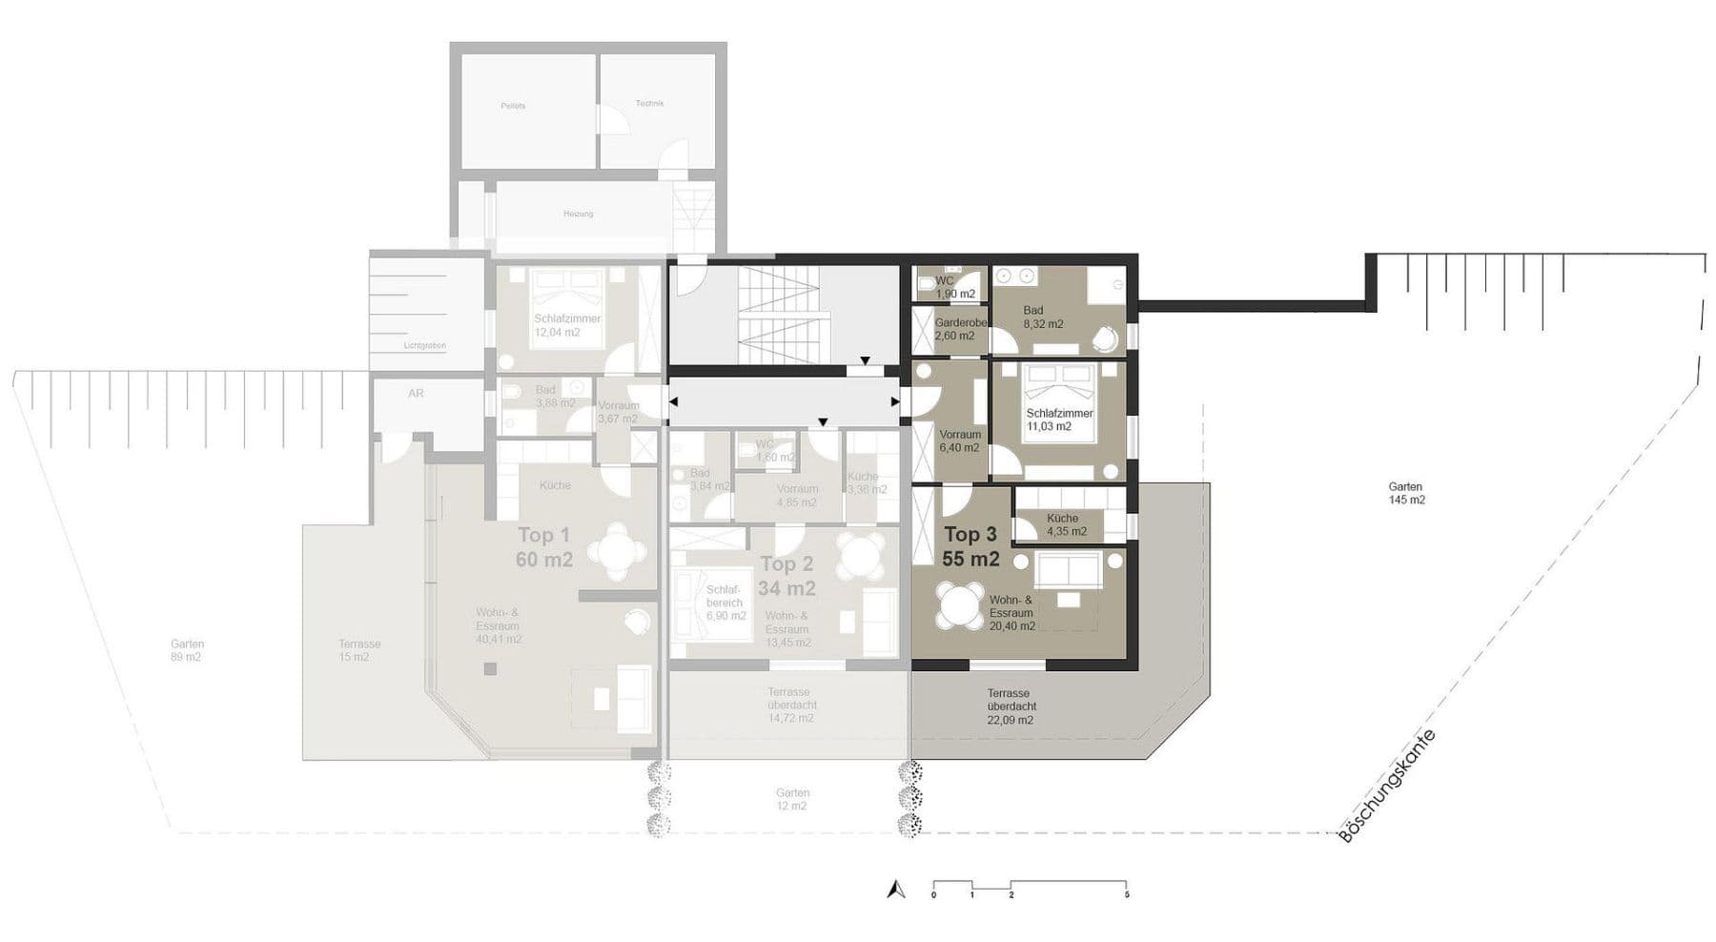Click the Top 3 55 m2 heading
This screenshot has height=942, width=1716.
coord(970,546)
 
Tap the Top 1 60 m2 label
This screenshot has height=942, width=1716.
coord(543,546)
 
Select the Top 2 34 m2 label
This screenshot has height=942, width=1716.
coord(786,576)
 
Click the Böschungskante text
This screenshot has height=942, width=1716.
coord(1387,786)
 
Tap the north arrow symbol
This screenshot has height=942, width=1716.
coord(895,889)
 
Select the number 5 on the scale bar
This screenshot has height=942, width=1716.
coord(1127,895)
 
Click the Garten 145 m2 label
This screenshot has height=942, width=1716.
coord(1406,493)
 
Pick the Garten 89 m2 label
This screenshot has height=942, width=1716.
coord(188,650)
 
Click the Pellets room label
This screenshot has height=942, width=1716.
coord(513,106)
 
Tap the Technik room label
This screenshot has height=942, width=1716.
coord(649,103)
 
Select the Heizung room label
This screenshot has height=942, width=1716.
coord(578,214)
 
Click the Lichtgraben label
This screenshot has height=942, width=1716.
coord(424,345)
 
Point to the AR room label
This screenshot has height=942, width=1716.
coord(416,393)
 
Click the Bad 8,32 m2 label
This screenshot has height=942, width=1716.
coord(1043,317)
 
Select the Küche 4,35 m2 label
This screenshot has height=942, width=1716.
coord(1066,524)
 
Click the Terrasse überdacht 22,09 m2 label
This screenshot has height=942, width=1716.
coord(1009,706)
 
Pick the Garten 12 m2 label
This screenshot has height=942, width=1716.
coord(792,799)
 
